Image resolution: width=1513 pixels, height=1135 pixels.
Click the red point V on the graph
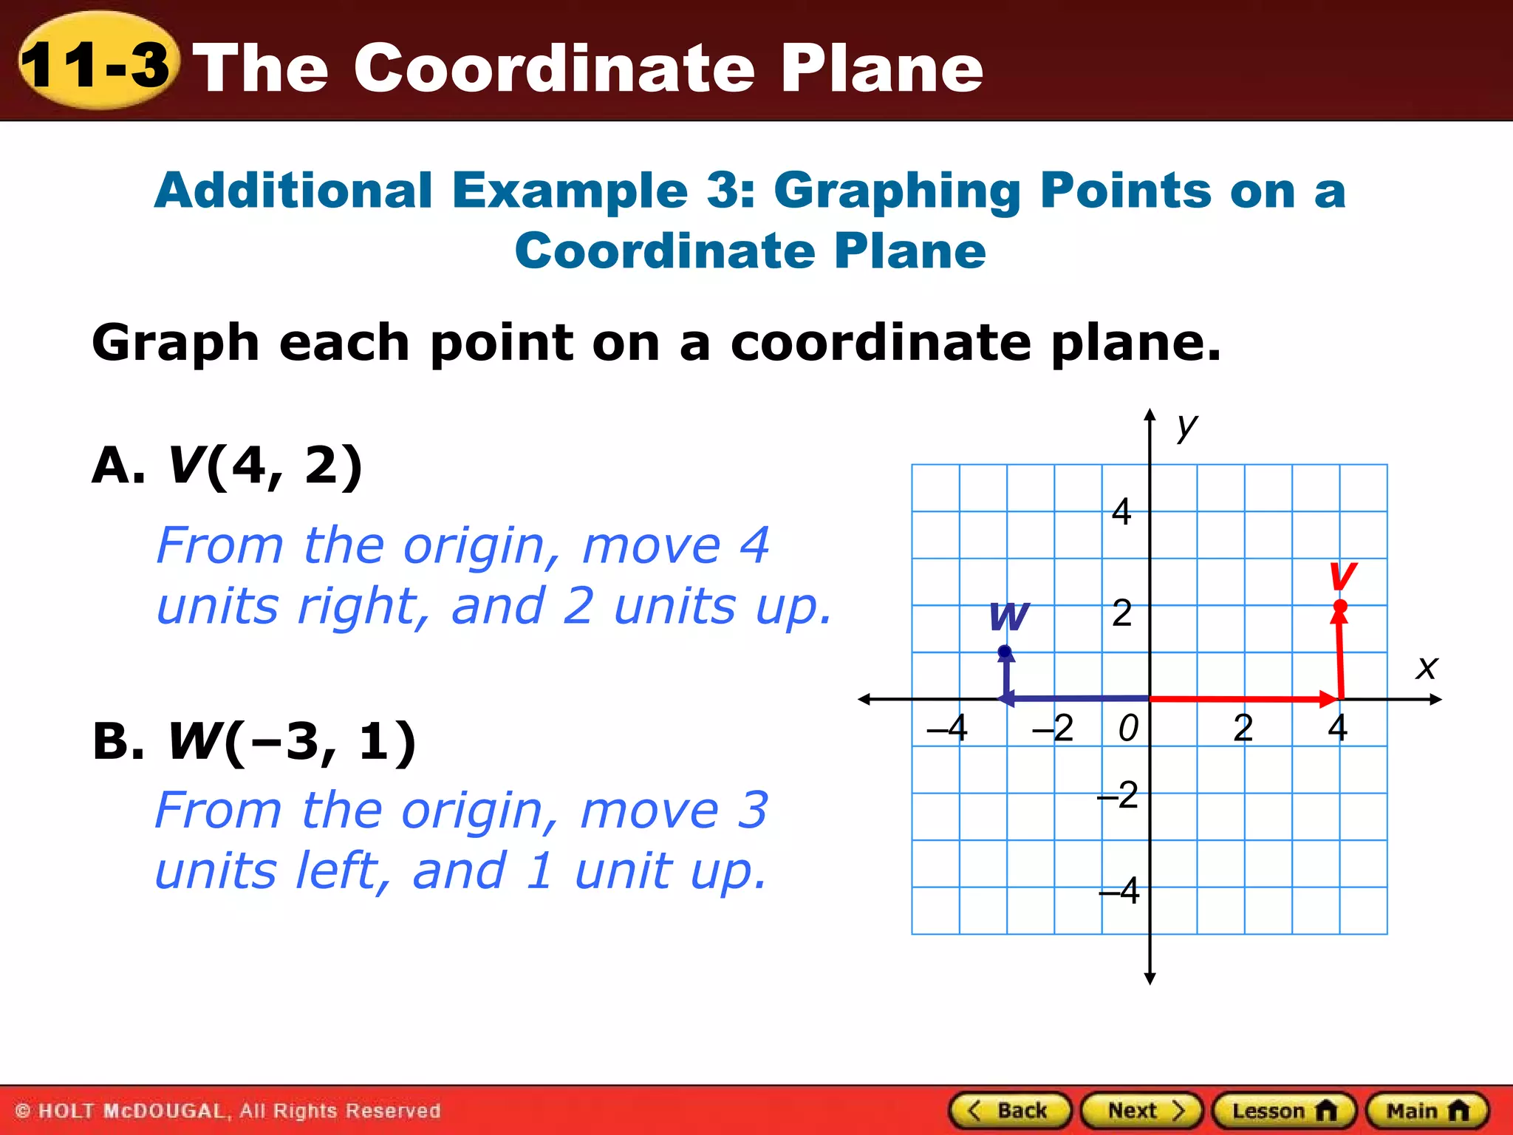coord(1340,607)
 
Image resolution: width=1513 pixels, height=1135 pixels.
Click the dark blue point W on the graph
coord(1005,652)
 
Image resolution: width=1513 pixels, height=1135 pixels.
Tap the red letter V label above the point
coord(1342,576)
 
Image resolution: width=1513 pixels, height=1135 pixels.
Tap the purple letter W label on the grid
coord(1008,616)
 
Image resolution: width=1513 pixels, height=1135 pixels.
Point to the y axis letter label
coord(1186,426)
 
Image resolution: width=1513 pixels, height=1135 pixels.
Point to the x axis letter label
coord(1427,667)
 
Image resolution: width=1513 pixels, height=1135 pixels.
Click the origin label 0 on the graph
coord(1128,728)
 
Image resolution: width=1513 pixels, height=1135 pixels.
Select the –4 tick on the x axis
coord(948,728)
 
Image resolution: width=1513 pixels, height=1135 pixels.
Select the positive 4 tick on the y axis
coord(1121,511)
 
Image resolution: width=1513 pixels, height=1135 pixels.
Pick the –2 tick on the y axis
coord(1118,796)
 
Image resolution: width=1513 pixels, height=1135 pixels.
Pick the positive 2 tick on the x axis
coord(1243,728)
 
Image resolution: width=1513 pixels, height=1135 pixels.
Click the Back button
coord(1009,1110)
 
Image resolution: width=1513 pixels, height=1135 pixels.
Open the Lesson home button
coord(1284,1110)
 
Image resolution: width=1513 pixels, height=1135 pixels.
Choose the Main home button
coord(1427,1110)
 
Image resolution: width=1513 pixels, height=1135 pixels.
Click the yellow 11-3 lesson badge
coord(97,65)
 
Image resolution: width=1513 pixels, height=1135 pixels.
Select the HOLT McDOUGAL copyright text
coord(228,1111)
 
